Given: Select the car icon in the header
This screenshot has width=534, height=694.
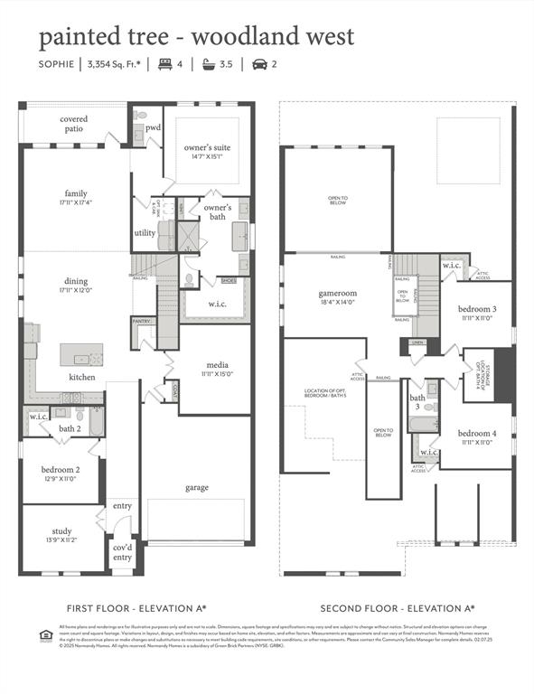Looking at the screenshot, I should click(x=259, y=64).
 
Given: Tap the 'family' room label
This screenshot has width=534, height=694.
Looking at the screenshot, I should click(x=76, y=193).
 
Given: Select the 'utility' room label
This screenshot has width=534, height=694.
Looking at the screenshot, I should click(x=145, y=232).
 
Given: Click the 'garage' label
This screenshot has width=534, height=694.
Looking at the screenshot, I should click(x=197, y=487).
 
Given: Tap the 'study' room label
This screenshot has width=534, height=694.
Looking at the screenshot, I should click(x=61, y=533).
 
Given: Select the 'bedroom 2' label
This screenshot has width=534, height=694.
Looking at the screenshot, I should click(x=61, y=469).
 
